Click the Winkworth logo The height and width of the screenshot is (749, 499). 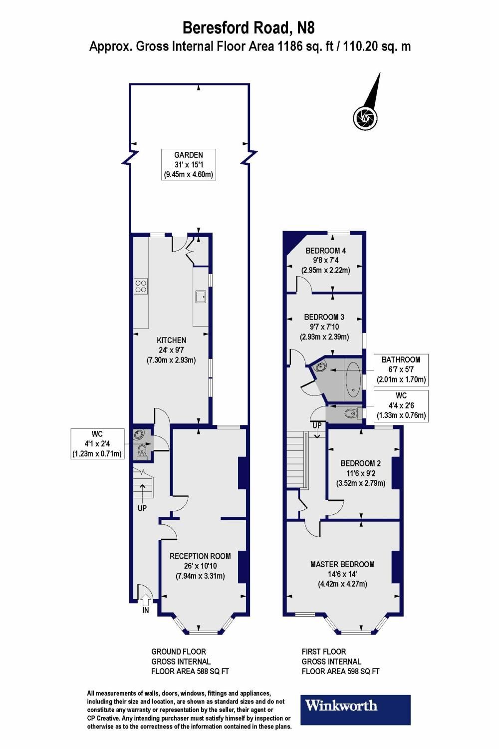pos(355,710)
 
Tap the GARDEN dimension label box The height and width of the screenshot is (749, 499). pos(188,165)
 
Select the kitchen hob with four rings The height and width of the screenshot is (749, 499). pos(141,285)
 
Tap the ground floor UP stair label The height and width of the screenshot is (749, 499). pos(142,508)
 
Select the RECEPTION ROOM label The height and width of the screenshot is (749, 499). pos(200,556)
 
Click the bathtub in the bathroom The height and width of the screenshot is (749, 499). pos(353,379)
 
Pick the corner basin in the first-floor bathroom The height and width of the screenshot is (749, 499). pos(319,369)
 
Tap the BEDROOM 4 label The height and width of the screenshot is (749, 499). pos(325,251)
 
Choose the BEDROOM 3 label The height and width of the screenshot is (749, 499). pos(324,317)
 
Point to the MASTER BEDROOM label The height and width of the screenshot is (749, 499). pos(342,564)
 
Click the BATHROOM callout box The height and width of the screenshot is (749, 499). pos(401,370)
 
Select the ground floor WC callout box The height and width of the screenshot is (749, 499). pos(97,443)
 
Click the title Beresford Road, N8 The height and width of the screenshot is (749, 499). pos(249,26)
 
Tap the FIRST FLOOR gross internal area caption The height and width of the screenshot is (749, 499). pos(340,662)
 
